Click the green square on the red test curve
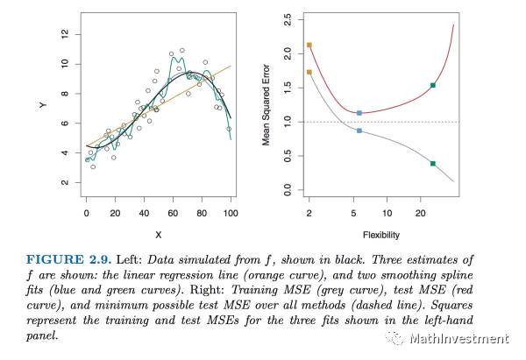433,85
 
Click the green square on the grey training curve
433,164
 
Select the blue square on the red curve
359,113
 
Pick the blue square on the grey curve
359,131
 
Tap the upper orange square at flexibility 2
309,45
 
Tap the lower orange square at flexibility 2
309,72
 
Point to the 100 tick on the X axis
231,213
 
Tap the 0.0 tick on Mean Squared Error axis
288,189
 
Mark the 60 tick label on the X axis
174,213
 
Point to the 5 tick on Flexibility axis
353,213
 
